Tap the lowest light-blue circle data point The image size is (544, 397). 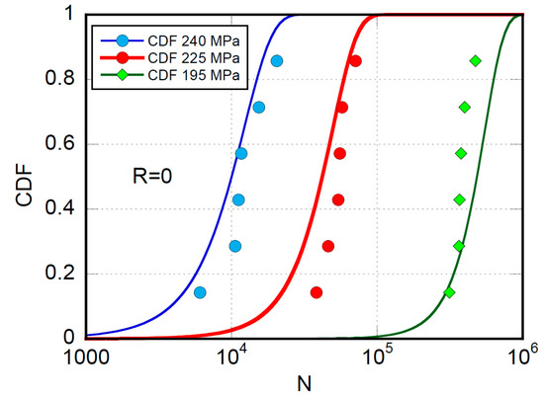tap(200, 292)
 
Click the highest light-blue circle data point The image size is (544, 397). tap(277, 61)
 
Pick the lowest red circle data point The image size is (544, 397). tap(317, 292)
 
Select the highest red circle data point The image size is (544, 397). tap(356, 61)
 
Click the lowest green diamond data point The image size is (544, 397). tap(450, 292)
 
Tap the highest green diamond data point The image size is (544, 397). tap(475, 61)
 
